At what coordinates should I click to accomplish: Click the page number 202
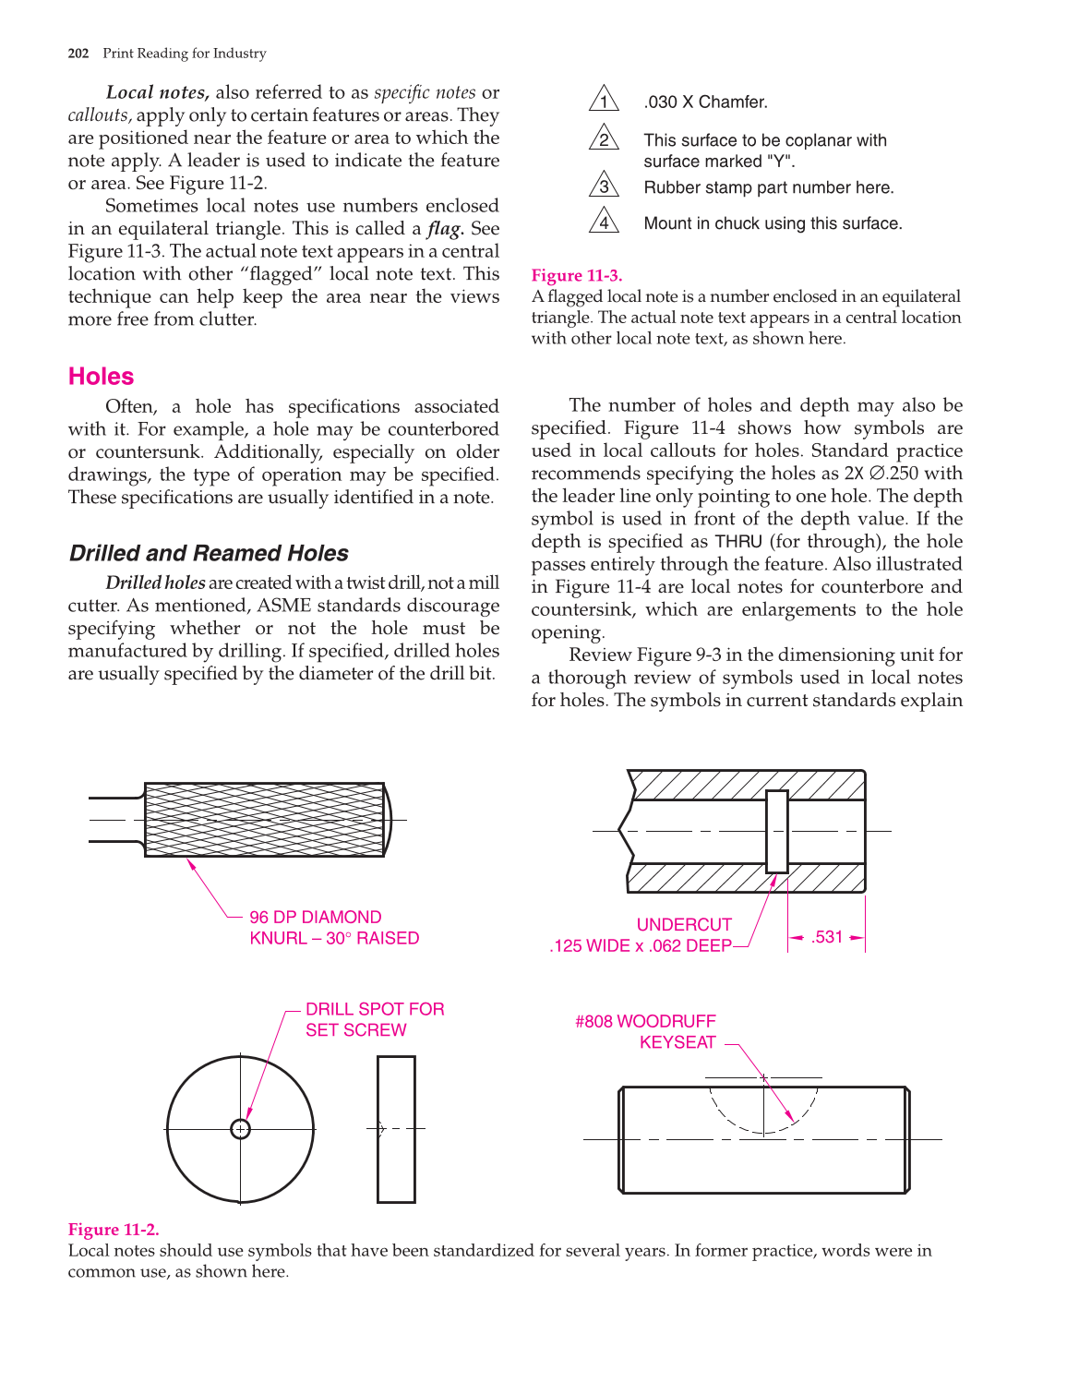click(x=78, y=54)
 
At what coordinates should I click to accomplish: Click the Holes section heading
click(x=101, y=377)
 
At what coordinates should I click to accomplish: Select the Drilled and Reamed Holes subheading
click(x=209, y=553)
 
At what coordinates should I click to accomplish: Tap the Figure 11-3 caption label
click(x=576, y=275)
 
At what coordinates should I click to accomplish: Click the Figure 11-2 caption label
click(x=113, y=1230)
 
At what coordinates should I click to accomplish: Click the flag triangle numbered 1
click(x=604, y=100)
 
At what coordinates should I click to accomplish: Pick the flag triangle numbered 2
click(x=604, y=138)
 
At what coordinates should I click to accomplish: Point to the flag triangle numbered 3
click(x=604, y=186)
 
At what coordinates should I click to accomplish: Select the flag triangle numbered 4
click(x=604, y=222)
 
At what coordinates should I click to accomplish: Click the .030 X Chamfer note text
click(x=705, y=102)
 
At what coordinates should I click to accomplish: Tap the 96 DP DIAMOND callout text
click(x=315, y=917)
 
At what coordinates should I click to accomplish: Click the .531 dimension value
click(x=827, y=937)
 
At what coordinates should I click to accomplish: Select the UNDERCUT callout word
click(x=684, y=924)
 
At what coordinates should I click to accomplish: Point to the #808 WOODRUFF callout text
click(x=645, y=1021)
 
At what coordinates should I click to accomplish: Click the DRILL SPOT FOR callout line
click(x=375, y=1009)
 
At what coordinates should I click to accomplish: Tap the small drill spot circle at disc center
click(x=241, y=1129)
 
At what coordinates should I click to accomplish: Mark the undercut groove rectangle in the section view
click(x=777, y=831)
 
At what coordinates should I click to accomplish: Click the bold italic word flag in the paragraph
click(x=445, y=229)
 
